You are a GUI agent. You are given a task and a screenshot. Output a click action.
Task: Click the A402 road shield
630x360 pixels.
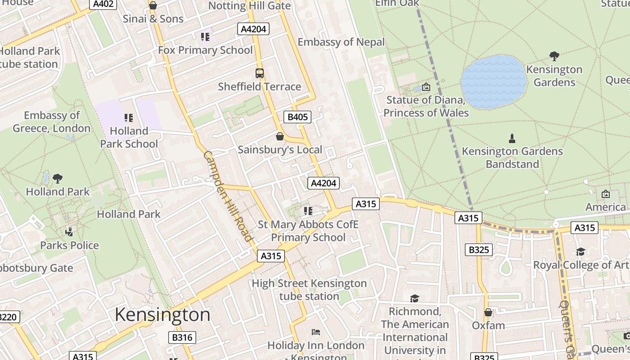[103, 4]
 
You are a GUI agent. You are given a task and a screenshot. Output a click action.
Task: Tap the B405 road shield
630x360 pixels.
[297, 117]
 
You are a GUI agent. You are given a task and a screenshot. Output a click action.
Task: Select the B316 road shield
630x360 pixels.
[182, 337]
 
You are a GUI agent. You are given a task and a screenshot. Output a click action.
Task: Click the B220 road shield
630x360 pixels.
[8, 317]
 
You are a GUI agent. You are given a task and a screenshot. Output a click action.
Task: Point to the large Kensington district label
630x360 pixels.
[162, 315]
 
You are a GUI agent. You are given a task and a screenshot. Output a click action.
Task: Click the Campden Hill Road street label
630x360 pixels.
[227, 196]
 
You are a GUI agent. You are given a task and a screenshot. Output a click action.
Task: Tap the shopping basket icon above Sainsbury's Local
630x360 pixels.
[280, 136]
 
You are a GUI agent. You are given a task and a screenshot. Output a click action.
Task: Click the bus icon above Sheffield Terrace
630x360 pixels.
[259, 73]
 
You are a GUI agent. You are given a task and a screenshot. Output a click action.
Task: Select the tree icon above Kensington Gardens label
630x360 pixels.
[554, 56]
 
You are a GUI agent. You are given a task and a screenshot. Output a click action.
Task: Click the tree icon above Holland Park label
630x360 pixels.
[58, 179]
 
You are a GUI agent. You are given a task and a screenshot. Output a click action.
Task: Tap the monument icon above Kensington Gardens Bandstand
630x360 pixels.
[512, 138]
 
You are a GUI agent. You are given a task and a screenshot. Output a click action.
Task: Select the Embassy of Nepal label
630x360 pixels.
[341, 42]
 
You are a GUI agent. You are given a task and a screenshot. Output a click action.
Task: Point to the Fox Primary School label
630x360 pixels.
[205, 50]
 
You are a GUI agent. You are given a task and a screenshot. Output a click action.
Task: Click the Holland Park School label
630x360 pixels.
[129, 137]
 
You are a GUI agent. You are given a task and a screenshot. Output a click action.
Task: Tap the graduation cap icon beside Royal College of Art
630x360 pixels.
[580, 252]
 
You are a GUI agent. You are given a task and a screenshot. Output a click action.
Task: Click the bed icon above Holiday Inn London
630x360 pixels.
[316, 332]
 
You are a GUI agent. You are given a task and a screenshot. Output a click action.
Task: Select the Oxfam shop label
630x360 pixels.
[488, 325]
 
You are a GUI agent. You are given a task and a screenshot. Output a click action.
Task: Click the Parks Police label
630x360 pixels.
[70, 245]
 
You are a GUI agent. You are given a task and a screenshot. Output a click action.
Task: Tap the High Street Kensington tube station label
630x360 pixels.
[309, 290]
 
